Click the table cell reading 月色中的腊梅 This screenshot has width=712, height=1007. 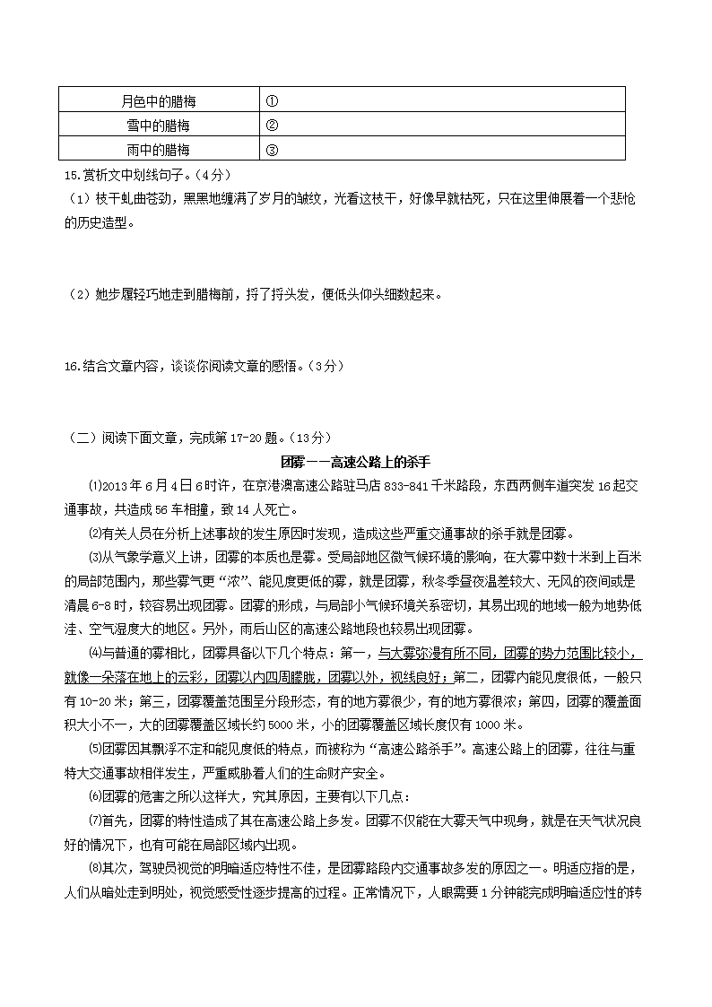[x=158, y=100]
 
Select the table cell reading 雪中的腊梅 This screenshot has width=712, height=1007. [x=158, y=126]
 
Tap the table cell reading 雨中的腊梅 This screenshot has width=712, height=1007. [x=158, y=150]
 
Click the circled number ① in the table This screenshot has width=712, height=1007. [x=273, y=100]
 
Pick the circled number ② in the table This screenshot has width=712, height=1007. [x=273, y=126]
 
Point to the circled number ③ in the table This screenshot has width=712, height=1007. [x=273, y=150]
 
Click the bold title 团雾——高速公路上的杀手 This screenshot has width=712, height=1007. [x=356, y=462]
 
